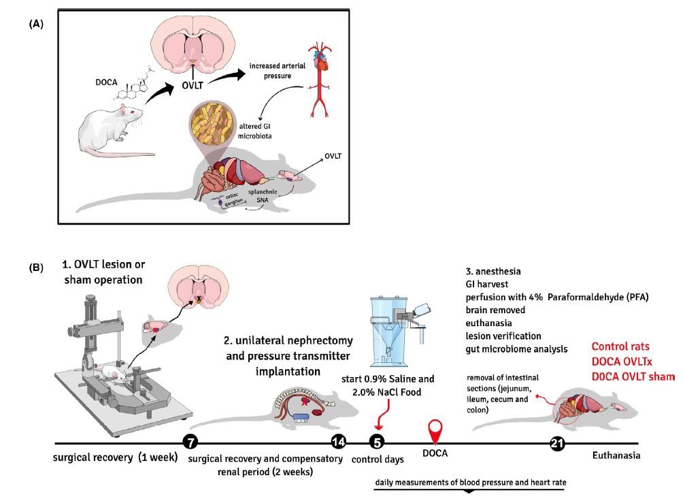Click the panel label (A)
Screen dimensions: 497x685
37,22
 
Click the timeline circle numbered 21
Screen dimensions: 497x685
558,443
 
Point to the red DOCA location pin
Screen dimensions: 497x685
437,432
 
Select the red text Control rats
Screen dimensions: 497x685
624,346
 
